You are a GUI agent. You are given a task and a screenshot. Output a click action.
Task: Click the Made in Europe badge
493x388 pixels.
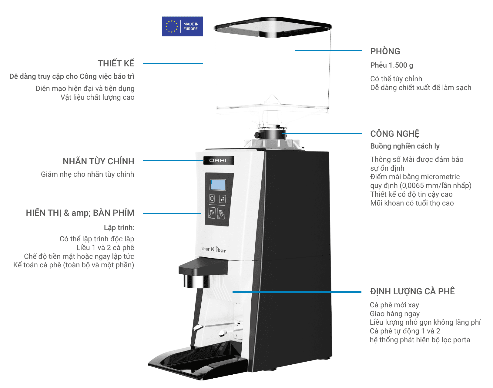182,26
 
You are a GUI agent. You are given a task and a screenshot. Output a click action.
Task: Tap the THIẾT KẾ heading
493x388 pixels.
116,63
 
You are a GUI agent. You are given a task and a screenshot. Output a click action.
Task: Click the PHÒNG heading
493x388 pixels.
385,51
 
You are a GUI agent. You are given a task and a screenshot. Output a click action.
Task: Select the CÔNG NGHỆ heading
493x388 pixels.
395,134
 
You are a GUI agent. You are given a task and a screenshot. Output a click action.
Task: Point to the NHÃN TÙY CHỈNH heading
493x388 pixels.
98,161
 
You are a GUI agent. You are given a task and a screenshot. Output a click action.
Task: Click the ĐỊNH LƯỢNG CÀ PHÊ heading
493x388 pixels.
412,291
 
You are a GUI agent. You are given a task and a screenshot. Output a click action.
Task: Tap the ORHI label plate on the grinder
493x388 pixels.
218,160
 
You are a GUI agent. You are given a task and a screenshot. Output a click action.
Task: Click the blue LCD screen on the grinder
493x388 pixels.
218,185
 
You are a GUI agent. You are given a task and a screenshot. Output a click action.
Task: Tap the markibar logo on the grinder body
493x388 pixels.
214,249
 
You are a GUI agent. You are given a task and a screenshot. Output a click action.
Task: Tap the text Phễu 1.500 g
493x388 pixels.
391,65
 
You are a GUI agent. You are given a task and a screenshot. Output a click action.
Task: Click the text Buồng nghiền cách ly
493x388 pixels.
405,146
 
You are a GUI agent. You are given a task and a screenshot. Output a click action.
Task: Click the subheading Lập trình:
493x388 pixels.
119,228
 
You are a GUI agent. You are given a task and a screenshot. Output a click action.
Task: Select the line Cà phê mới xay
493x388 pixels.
394,305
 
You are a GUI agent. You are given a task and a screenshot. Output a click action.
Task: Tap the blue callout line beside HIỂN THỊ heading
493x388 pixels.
172,213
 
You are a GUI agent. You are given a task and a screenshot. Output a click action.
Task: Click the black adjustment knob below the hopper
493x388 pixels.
257,135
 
